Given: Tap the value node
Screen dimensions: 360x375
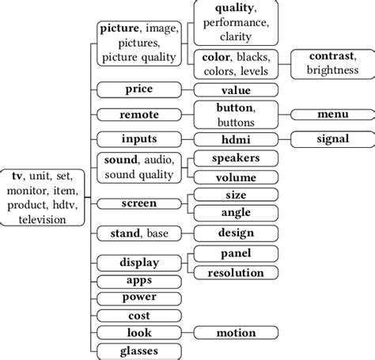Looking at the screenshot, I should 236,90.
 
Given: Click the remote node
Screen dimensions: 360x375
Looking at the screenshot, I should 139,115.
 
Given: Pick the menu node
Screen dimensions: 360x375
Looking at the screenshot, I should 332,115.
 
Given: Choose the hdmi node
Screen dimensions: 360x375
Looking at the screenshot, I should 236,139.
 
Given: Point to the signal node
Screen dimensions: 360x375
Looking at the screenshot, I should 332,139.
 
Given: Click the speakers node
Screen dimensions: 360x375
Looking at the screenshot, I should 236,158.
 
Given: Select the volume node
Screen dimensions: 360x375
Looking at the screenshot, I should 236,177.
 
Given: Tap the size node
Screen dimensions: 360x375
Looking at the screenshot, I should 236,195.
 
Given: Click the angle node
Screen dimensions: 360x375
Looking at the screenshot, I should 236,213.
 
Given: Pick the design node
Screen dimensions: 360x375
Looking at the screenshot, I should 236,233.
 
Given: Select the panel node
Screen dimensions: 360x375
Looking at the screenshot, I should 236,254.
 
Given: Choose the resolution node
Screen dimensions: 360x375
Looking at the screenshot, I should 236,272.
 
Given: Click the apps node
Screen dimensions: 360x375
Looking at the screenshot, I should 139,280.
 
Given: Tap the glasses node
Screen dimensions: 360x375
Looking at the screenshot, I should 139,351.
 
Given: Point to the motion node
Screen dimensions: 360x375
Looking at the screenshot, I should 236,333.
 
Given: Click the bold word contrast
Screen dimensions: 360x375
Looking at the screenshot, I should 332,58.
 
